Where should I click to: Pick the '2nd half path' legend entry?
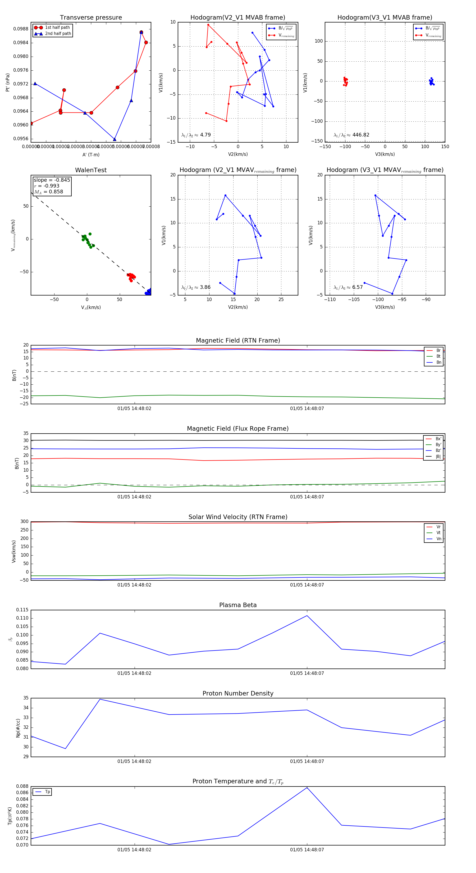pyautogui.click(x=58, y=34)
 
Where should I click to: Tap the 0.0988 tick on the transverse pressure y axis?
pyautogui.click(x=21, y=29)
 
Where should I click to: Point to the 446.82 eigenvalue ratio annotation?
pyautogui.click(x=360, y=135)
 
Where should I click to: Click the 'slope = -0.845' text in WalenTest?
pyautogui.click(x=52, y=180)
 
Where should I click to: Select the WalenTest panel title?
pyautogui.click(x=91, y=170)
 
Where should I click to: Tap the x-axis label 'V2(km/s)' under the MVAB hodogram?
pyautogui.click(x=238, y=154)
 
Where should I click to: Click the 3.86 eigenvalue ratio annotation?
pyautogui.click(x=205, y=287)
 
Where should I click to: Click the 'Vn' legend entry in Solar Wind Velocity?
pyautogui.click(x=438, y=539)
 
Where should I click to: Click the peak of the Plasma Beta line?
pyautogui.click(x=307, y=615)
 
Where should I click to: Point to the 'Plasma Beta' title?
pyautogui.click(x=238, y=605)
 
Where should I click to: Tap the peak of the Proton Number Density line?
pyautogui.click(x=100, y=699)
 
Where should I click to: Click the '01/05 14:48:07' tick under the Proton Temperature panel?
pyautogui.click(x=307, y=850)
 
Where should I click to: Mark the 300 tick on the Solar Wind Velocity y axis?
pyautogui.click(x=24, y=522)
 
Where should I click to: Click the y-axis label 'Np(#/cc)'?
pyautogui.click(x=18, y=728)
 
